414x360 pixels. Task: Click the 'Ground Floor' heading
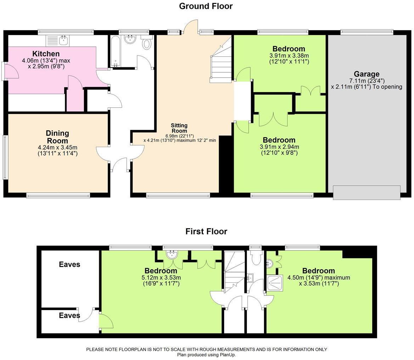pos(206,6)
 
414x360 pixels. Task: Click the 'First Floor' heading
pos(206,231)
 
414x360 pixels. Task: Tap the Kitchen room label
pos(46,54)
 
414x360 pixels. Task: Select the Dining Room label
pos(57,137)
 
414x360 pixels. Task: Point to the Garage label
pos(367,74)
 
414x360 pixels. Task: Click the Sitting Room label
pos(179,128)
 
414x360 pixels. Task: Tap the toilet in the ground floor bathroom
pos(147,44)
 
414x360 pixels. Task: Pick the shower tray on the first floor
pos(275,283)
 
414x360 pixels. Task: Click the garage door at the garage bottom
pos(367,192)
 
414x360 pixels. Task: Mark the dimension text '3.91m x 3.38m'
pos(289,56)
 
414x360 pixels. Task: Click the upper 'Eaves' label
pos(69,264)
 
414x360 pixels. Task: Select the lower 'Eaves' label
pos(69,315)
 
